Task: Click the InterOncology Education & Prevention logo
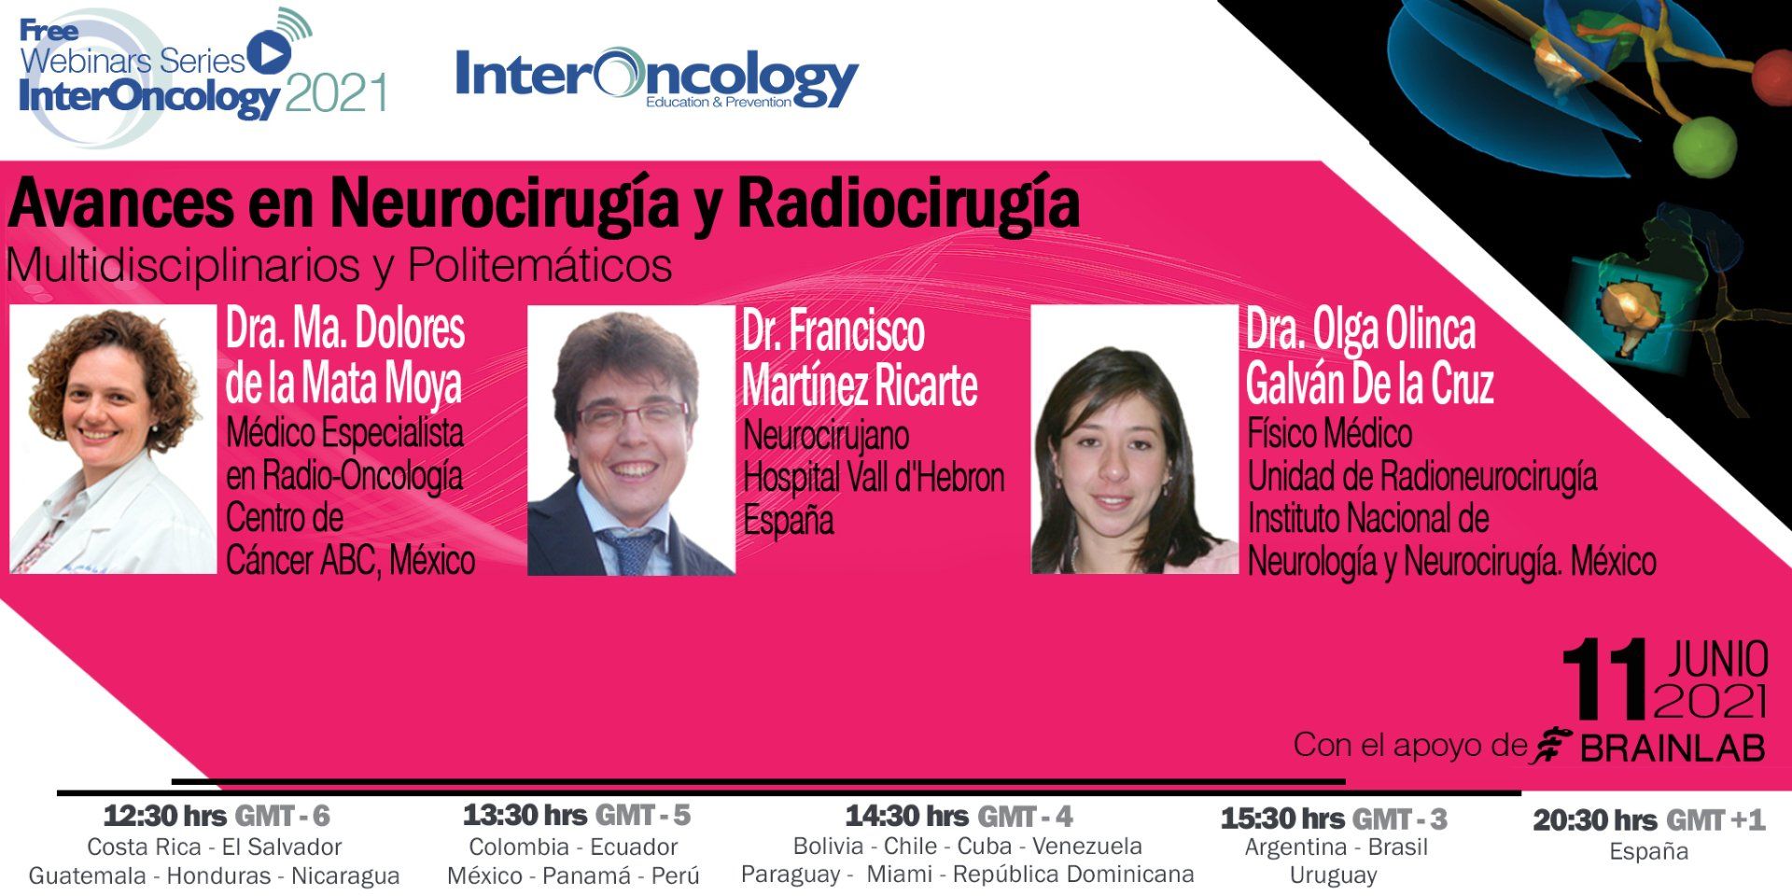[656, 78]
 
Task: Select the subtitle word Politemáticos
[539, 266]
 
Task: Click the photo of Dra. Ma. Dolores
[113, 440]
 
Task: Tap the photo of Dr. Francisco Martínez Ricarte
[631, 441]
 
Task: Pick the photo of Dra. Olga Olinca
[1134, 440]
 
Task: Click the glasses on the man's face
[632, 413]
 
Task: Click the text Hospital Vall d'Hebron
[874, 478]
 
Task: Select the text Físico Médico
[1330, 434]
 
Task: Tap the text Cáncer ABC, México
[351, 561]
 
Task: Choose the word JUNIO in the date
[1718, 660]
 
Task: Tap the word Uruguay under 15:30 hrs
[1334, 875]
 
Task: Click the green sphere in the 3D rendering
[1705, 146]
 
